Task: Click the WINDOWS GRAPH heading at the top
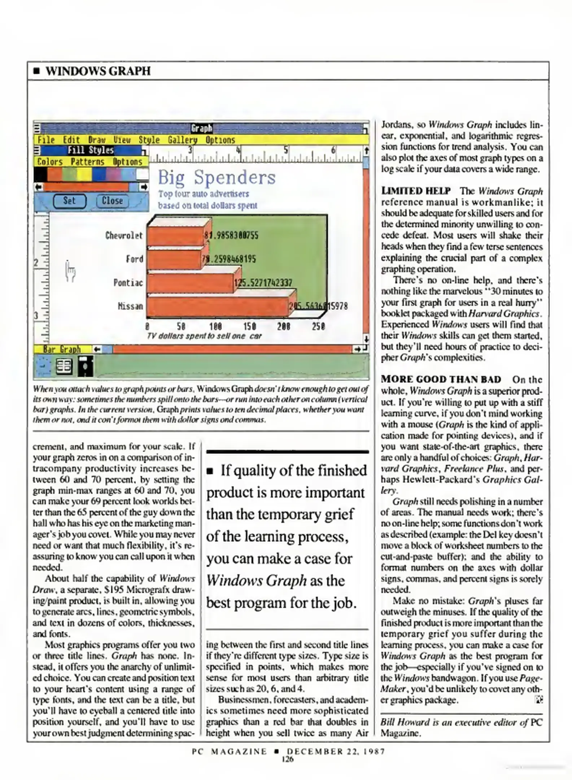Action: [x=98, y=71]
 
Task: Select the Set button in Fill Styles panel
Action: [x=70, y=201]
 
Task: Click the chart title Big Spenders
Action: [x=217, y=178]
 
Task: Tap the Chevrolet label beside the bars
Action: [x=124, y=236]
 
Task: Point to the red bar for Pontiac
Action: [x=189, y=283]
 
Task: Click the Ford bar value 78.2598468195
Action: [x=228, y=259]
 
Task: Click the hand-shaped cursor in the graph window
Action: [x=71, y=271]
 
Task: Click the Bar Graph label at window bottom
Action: [x=62, y=349]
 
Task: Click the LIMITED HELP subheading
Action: [x=416, y=191]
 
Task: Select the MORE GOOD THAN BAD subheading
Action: [x=441, y=379]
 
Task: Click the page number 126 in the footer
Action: [x=288, y=759]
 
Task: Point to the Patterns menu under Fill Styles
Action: [x=87, y=162]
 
